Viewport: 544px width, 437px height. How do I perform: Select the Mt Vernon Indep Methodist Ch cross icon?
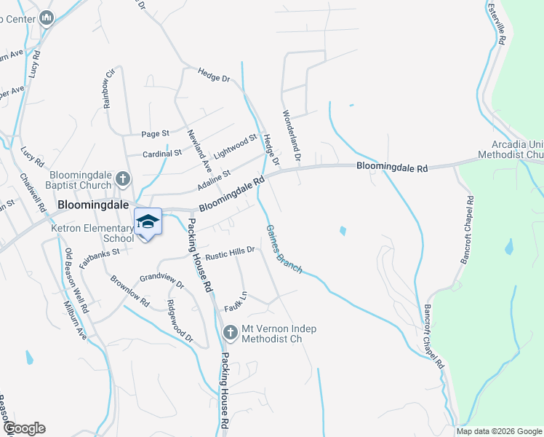coord(230,334)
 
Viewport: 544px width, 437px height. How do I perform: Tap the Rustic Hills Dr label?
coord(230,253)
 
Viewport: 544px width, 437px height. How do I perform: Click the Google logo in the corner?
coord(23,428)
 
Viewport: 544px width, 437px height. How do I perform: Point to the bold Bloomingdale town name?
coord(93,206)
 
